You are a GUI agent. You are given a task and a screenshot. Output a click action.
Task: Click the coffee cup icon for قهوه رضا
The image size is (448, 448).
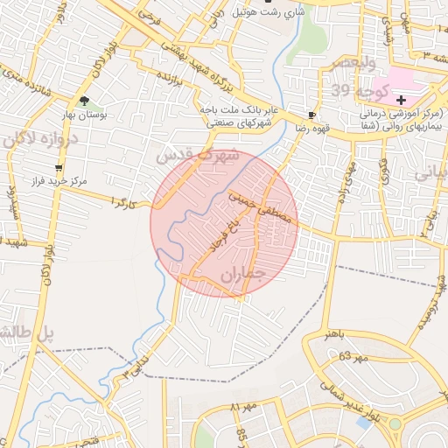(x=312, y=115)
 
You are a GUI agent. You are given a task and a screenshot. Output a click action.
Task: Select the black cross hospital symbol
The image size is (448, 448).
(x=402, y=101)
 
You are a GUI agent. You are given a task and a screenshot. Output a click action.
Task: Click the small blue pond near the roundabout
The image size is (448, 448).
(x=363, y=423)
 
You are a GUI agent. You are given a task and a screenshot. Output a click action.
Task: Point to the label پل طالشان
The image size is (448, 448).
(x=26, y=333)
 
